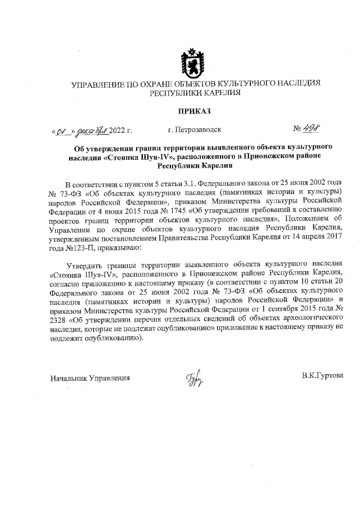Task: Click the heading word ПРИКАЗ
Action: point(194,111)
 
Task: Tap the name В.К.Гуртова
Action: point(322,375)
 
